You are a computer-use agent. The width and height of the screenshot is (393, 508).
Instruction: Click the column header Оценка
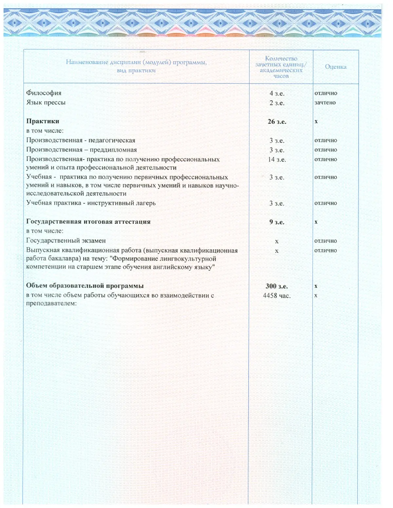(335, 67)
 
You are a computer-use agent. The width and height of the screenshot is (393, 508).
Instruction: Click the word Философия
(44, 93)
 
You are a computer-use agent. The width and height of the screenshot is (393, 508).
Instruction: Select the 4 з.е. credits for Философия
(277, 94)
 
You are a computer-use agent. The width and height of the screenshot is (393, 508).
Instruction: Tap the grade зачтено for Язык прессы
(325, 103)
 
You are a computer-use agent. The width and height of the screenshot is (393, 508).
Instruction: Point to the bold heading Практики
(43, 121)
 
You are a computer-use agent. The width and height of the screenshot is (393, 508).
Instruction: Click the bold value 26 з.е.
(277, 122)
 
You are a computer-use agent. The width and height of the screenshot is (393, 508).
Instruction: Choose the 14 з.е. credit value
(277, 160)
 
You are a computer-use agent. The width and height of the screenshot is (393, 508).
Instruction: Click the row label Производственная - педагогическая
(81, 140)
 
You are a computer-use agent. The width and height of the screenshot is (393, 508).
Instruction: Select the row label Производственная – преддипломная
(82, 150)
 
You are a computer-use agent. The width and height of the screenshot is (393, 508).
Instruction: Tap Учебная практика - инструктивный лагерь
(91, 203)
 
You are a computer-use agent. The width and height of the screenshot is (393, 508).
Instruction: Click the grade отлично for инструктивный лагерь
(326, 203)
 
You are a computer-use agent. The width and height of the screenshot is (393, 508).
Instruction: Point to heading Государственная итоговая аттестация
(88, 221)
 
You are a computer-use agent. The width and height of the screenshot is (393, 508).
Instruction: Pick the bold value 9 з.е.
(277, 222)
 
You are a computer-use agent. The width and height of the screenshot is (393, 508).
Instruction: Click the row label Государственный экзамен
(66, 241)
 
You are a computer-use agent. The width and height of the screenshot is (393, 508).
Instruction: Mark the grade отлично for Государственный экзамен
(326, 241)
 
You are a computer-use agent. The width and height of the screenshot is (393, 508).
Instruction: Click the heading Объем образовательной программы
(85, 286)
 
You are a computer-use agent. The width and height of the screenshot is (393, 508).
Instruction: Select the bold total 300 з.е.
(277, 286)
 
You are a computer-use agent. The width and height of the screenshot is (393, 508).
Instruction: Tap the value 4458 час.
(277, 296)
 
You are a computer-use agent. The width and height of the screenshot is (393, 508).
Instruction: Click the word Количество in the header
(281, 59)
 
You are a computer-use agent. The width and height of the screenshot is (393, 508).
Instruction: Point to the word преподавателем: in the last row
(51, 303)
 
